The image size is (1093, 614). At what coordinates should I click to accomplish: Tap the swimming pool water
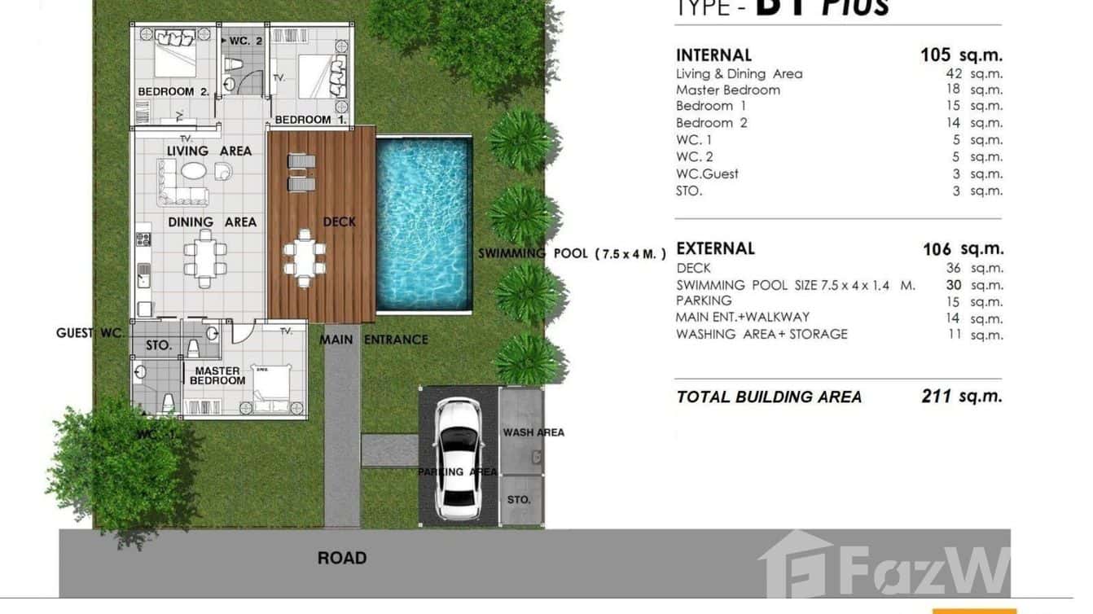(x=424, y=224)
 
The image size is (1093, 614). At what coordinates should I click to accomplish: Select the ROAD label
(x=342, y=558)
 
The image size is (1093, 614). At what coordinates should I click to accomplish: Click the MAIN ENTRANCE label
(x=373, y=340)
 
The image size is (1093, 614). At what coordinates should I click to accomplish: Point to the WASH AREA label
(x=533, y=432)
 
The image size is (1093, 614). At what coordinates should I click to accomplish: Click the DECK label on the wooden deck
(x=339, y=221)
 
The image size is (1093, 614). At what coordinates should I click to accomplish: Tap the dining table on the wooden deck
(x=305, y=258)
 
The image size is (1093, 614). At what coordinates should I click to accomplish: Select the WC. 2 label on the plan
(x=246, y=40)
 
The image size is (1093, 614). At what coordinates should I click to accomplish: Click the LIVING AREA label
(x=209, y=151)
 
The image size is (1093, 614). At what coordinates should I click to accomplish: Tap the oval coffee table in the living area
(x=194, y=171)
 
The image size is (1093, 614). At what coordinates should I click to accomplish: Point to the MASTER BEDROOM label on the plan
(x=217, y=375)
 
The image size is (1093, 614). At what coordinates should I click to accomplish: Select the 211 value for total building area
(x=936, y=397)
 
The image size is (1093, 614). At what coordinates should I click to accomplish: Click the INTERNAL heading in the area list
(x=713, y=55)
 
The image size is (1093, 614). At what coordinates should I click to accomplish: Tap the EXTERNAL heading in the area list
(x=715, y=248)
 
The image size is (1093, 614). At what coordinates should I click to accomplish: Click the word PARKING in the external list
(x=704, y=300)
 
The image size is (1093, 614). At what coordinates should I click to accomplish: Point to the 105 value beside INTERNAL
(x=935, y=55)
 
